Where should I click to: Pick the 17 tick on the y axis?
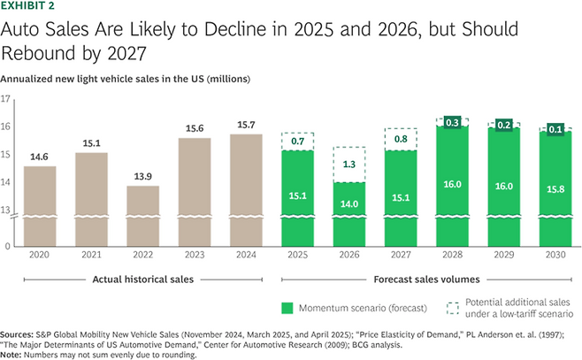tap(6, 100)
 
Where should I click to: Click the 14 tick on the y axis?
tap(6, 183)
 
